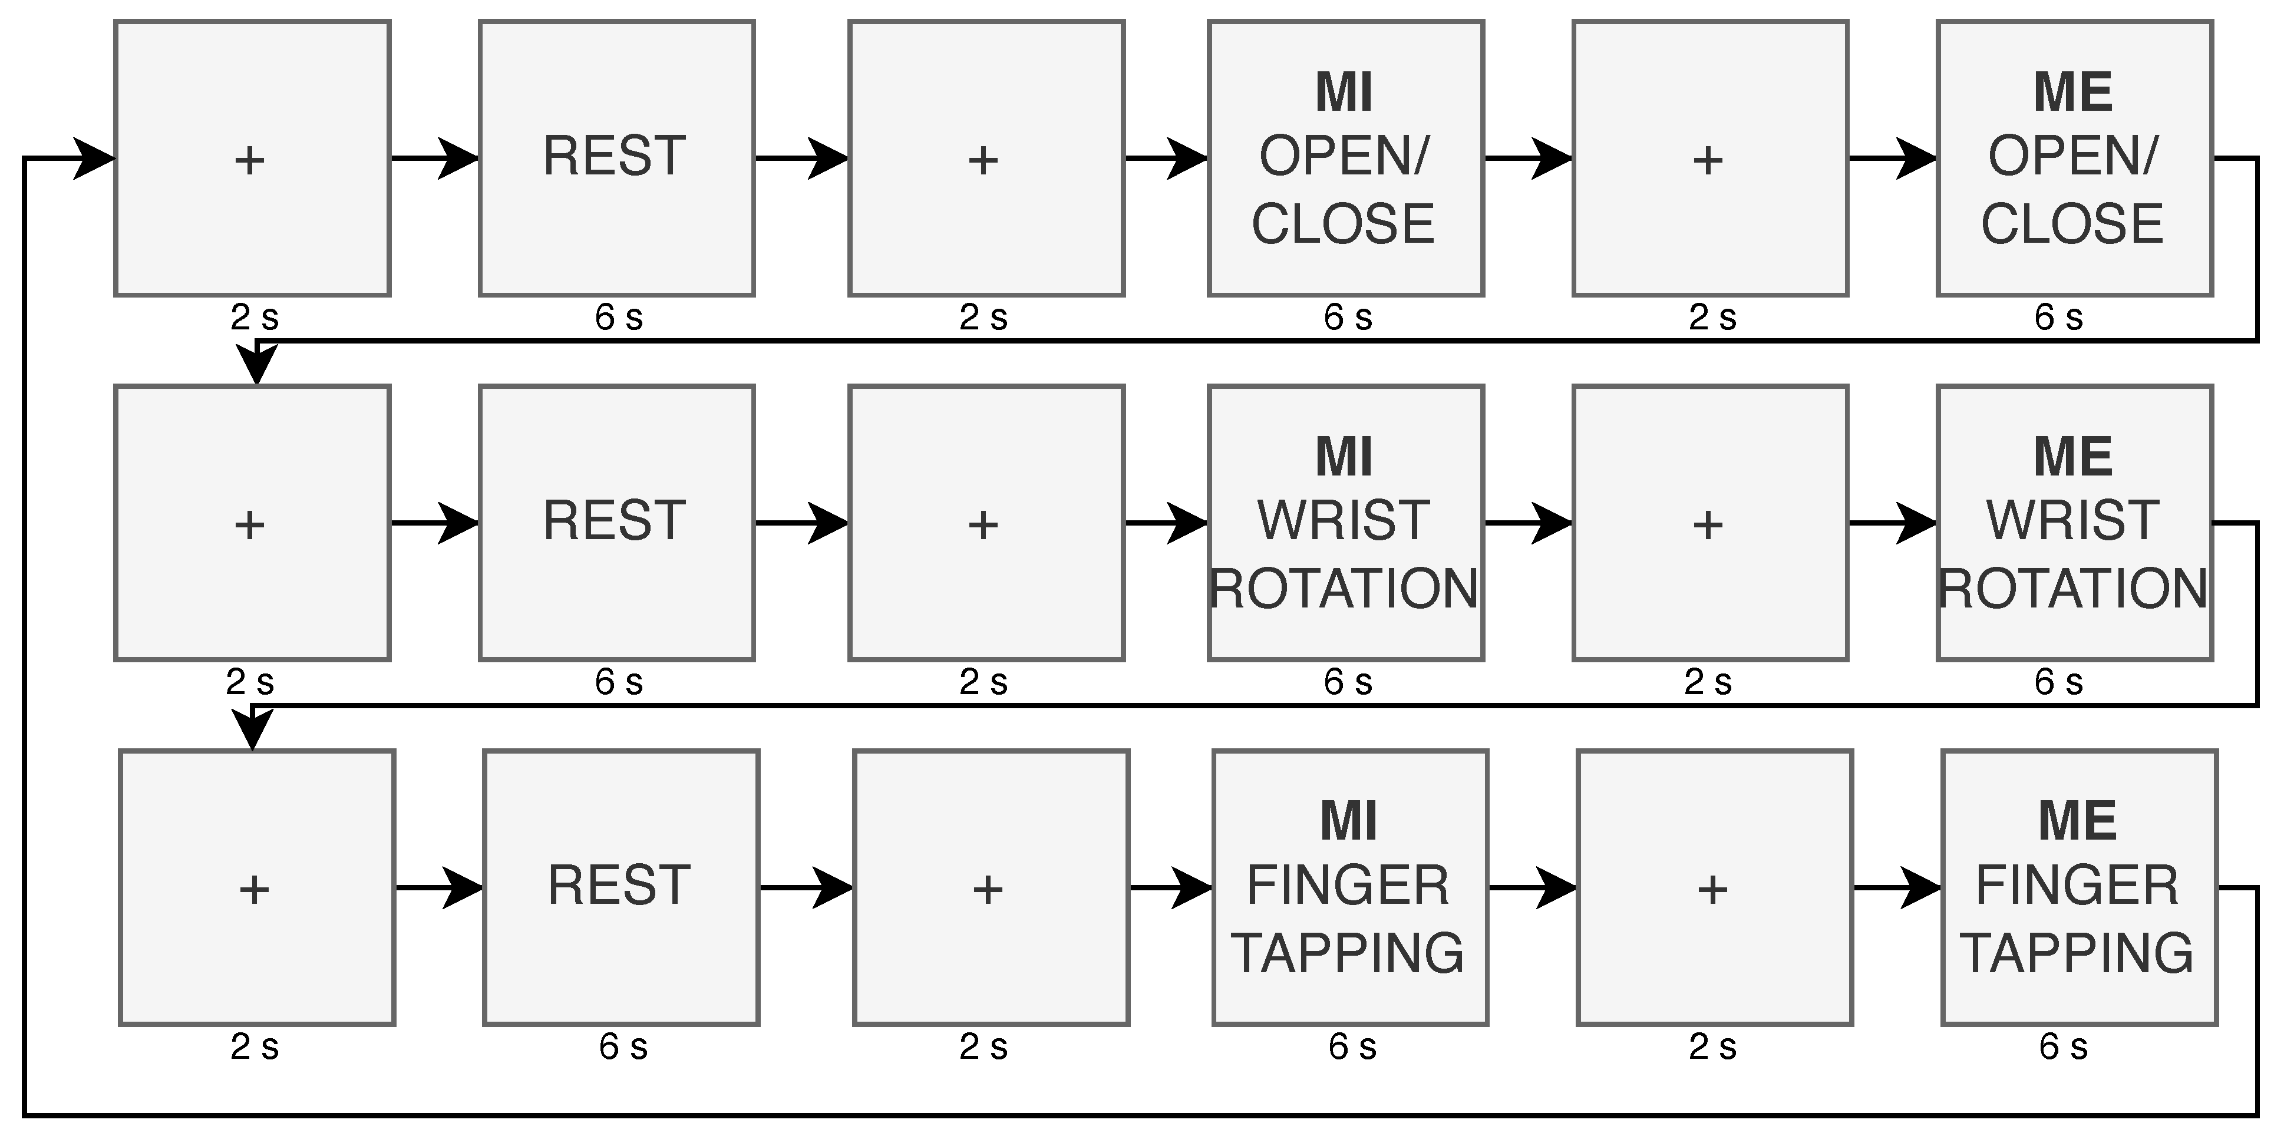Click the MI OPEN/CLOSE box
[x=1345, y=158]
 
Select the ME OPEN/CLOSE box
[x=2074, y=158]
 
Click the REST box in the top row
[x=616, y=158]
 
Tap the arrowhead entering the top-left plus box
[x=94, y=158]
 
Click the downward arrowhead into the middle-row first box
[x=257, y=365]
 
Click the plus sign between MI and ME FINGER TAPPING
[x=1712, y=890]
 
